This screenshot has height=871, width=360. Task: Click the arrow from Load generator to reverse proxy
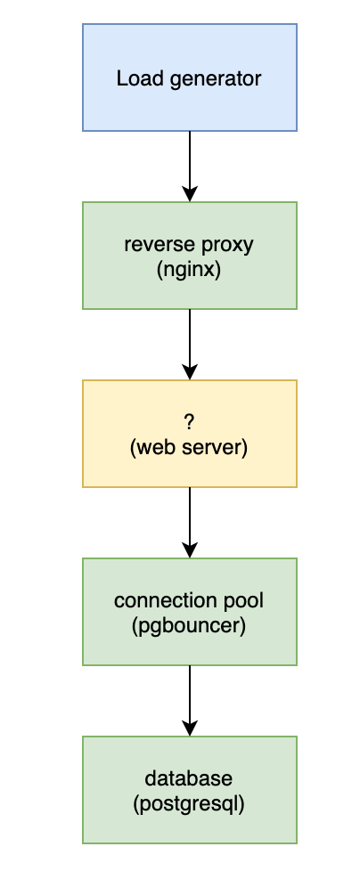189,166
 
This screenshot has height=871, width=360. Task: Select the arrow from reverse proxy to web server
189,344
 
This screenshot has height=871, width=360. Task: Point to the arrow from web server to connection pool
189,522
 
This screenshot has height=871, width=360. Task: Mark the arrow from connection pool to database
189,700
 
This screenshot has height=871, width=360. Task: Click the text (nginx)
189,267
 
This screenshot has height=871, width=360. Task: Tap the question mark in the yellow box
189,422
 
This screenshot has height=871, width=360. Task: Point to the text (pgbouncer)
189,624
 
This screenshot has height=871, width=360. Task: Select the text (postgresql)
189,802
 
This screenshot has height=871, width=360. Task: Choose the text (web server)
189,446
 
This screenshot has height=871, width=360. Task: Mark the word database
189,778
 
